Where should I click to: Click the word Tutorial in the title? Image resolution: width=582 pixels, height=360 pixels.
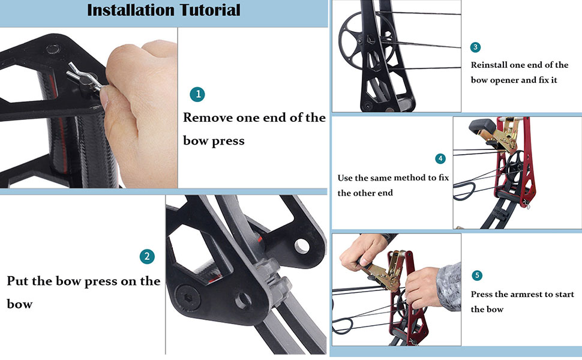tap(204, 10)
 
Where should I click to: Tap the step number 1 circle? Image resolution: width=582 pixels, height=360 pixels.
tap(197, 94)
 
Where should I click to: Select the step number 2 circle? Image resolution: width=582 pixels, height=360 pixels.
tap(147, 257)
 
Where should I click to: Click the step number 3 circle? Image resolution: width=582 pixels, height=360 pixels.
tap(476, 47)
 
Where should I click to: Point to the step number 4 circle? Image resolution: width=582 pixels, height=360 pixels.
tap(441, 158)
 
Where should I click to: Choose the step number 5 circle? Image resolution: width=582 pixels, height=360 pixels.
tap(477, 275)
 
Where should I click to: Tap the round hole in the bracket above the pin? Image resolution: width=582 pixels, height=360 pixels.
tap(53, 47)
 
